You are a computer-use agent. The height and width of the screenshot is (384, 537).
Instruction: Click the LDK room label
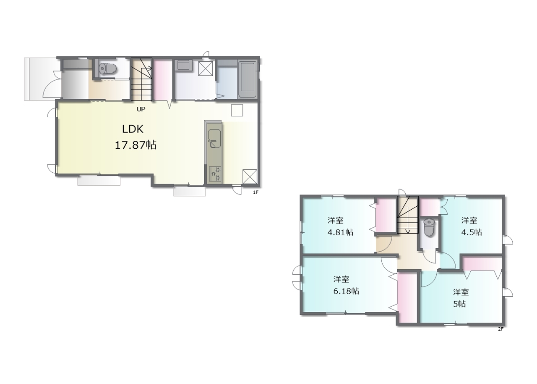pyautogui.click(x=133, y=129)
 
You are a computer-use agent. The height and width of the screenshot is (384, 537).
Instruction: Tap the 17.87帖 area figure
pyautogui.click(x=136, y=145)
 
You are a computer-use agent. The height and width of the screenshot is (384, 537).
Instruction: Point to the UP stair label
pyautogui.click(x=141, y=109)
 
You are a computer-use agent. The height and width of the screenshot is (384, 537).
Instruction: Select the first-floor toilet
pyautogui.click(x=108, y=68)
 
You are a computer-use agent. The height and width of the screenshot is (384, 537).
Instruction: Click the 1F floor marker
pyautogui.click(x=256, y=192)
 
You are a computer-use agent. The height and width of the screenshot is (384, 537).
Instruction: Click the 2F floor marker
pyautogui.click(x=501, y=329)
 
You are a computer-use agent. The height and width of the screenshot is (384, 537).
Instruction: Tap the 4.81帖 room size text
pyautogui.click(x=340, y=232)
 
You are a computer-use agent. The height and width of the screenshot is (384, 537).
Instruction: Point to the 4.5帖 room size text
pyautogui.click(x=471, y=232)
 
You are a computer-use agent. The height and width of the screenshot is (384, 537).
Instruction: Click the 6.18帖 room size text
pyautogui.click(x=346, y=291)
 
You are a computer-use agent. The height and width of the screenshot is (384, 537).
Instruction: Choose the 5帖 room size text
pyautogui.click(x=459, y=304)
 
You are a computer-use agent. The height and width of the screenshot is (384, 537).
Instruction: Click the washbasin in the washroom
pyautogui.click(x=183, y=65)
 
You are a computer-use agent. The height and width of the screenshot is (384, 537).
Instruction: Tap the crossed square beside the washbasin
pyautogui.click(x=206, y=68)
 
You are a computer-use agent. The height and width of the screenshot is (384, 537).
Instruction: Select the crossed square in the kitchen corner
pyautogui.click(x=250, y=176)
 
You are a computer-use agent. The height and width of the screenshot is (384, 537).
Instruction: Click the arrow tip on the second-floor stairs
pyautogui.click(x=408, y=233)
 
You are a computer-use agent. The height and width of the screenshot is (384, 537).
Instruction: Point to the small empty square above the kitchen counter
pyautogui.click(x=237, y=110)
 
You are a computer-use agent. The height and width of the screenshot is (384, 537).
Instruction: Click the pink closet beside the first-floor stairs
pyautogui.click(x=163, y=80)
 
